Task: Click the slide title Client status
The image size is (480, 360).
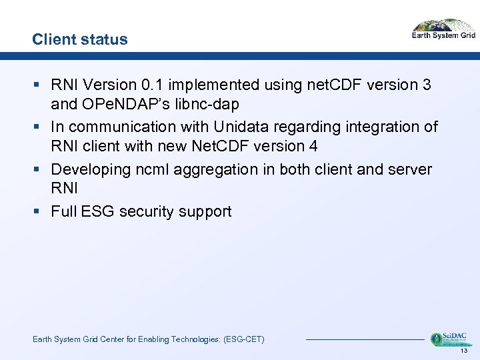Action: pyautogui.click(x=79, y=39)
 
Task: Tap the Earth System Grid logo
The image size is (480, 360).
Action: pyautogui.click(x=443, y=31)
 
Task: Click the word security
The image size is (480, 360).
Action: pyautogui.click(x=151, y=212)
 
